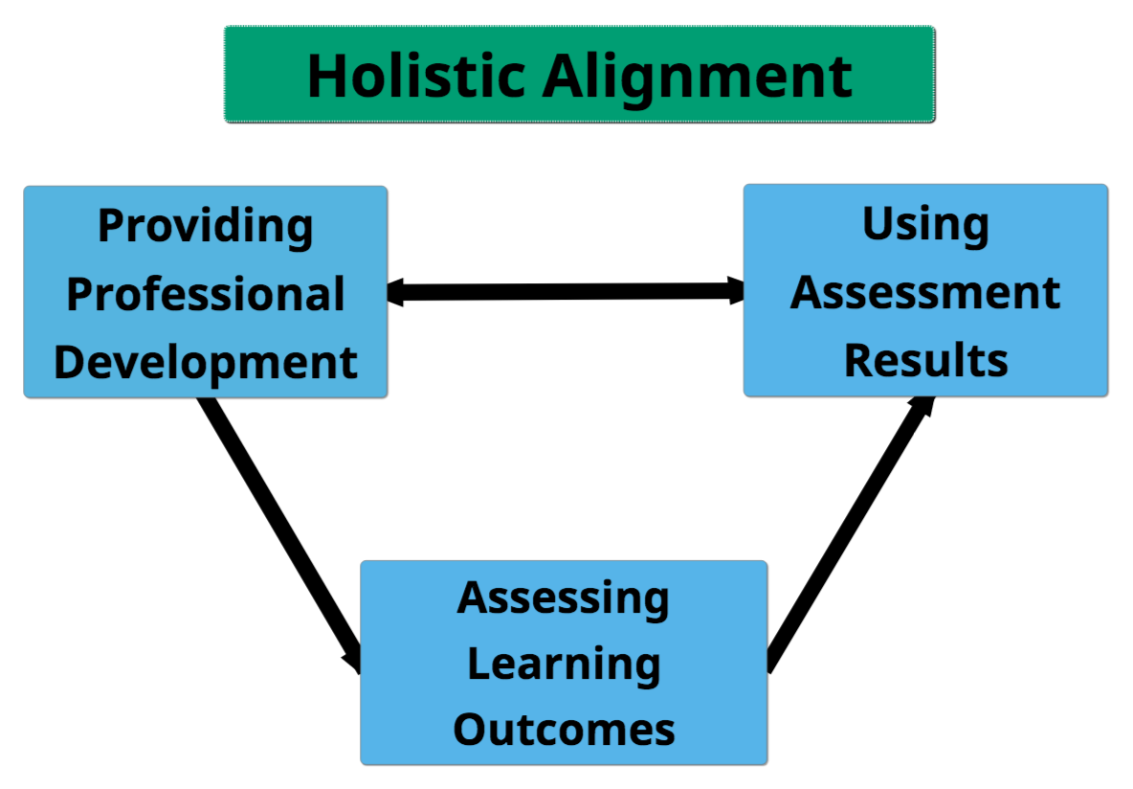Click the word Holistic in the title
[415, 76]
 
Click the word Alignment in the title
[698, 76]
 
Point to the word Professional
[206, 294]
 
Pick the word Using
[925, 225]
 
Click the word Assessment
[925, 292]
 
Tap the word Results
[925, 360]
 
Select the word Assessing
[564, 597]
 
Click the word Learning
[564, 665]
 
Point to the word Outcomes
[564, 729]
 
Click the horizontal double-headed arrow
[565, 291]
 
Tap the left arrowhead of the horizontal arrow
[396, 293]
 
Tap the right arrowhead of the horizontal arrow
[736, 289]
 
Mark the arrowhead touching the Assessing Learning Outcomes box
[351, 659]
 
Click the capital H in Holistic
[326, 76]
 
